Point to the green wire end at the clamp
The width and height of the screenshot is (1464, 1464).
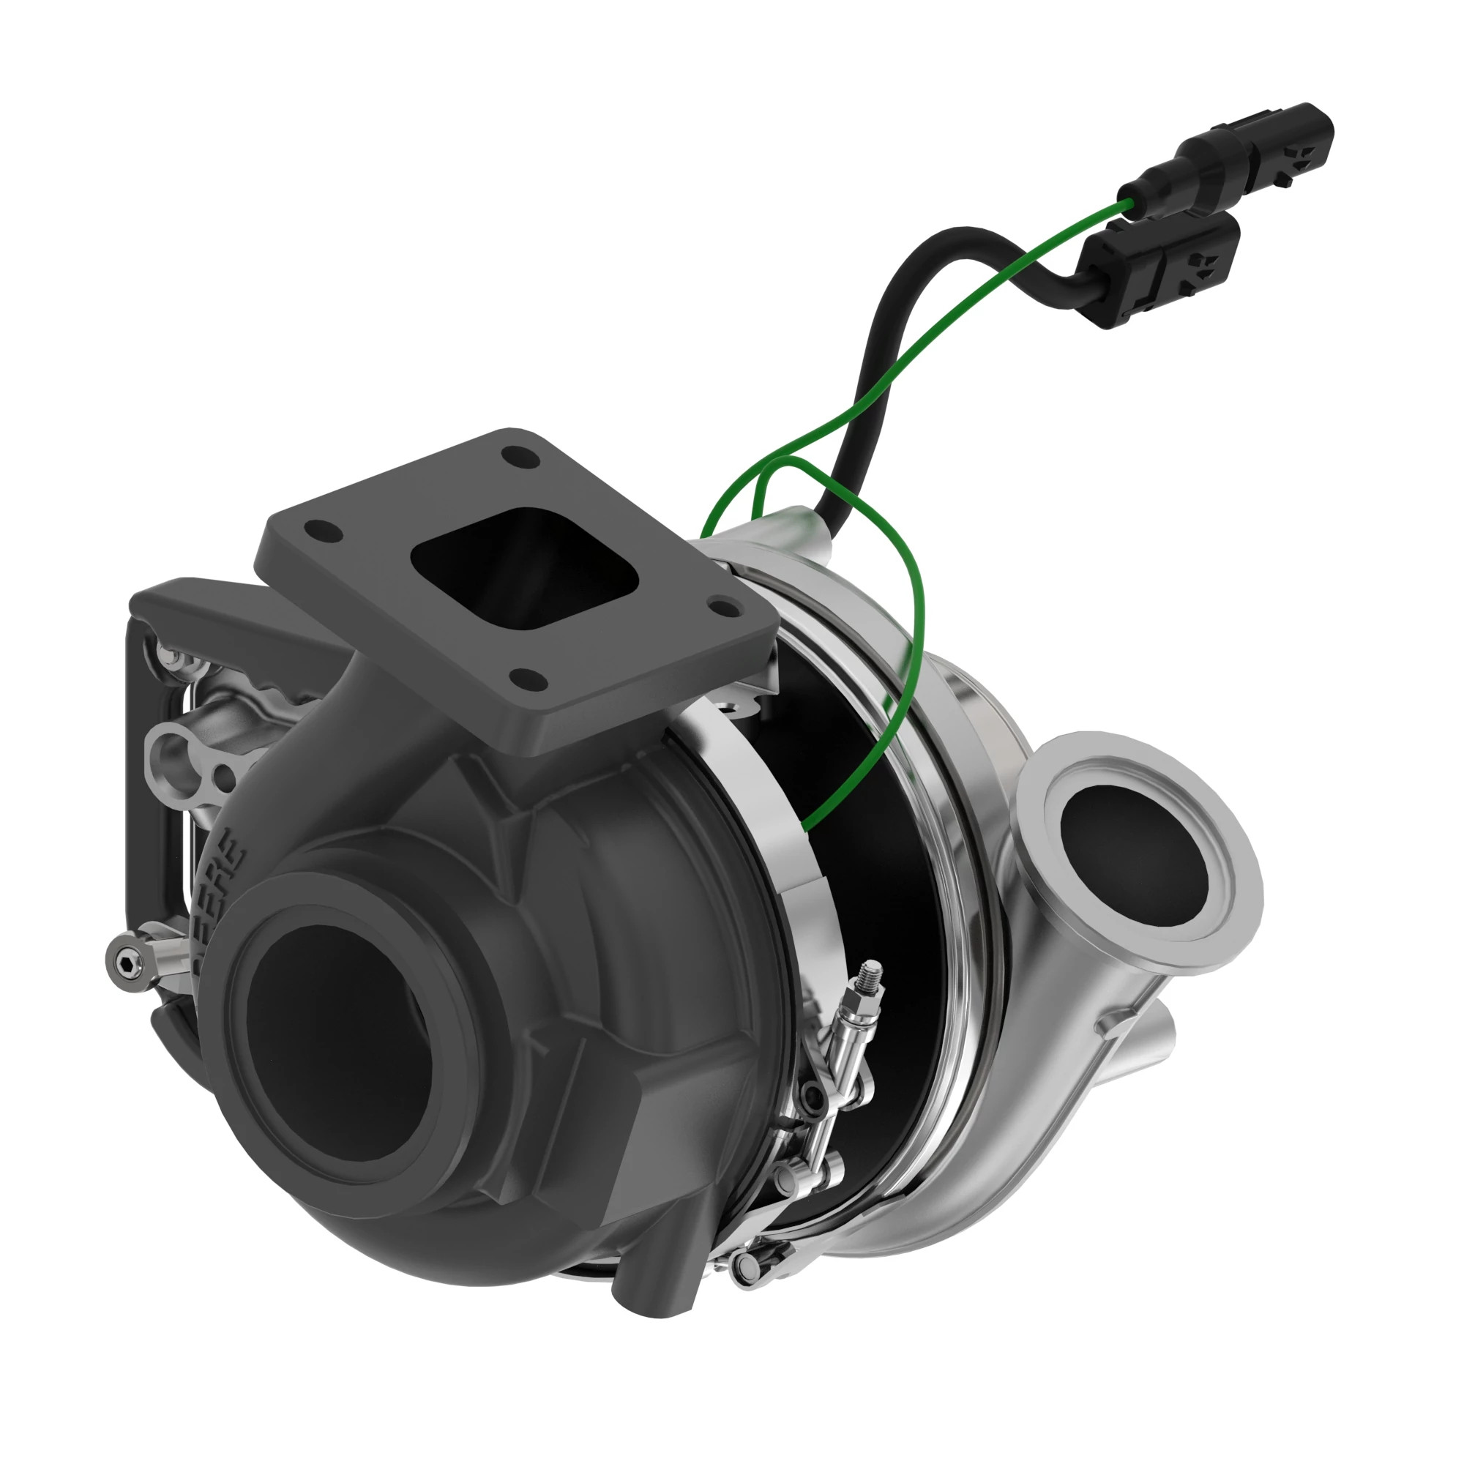coord(805,825)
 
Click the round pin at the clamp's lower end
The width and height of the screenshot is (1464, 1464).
coord(747,1262)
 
